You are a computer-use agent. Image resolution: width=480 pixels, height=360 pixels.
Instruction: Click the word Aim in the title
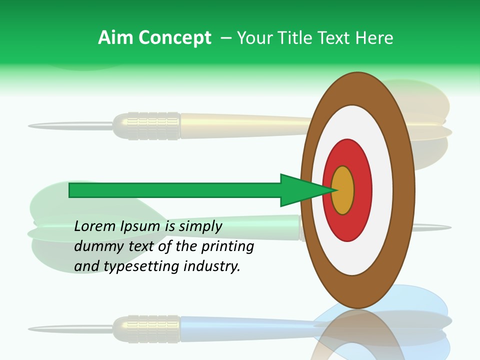pos(116,38)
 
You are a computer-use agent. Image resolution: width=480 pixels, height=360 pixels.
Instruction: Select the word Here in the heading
pos(374,38)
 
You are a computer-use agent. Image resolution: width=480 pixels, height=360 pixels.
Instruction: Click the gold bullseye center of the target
pos(343,190)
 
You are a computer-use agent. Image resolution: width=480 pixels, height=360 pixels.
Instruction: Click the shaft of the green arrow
pos(175,190)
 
